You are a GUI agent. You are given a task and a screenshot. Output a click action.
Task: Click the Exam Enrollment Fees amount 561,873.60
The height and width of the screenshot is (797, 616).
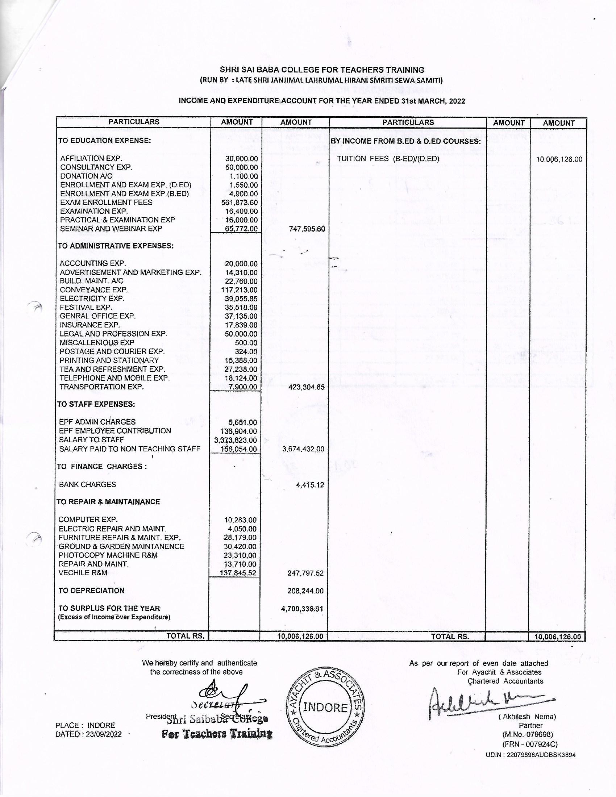pyautogui.click(x=240, y=203)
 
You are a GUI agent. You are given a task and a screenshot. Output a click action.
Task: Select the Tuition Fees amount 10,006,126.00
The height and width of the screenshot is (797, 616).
pyautogui.click(x=559, y=159)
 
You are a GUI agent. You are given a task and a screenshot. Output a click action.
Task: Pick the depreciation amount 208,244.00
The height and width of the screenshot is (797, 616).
pyautogui.click(x=305, y=591)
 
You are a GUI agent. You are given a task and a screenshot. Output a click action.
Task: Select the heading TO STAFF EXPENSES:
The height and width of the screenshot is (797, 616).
pyautogui.click(x=96, y=404)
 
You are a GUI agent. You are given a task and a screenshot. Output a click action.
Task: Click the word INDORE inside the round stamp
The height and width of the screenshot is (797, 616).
pyautogui.click(x=325, y=708)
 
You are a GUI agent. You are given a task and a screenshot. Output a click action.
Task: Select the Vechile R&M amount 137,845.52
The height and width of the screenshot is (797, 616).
pyautogui.click(x=238, y=573)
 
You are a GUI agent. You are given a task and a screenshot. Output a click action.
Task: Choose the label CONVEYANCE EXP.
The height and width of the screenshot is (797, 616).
pyautogui.click(x=94, y=290)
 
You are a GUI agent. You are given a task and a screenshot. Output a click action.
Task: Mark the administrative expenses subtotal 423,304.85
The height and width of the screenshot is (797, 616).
pyautogui.click(x=306, y=387)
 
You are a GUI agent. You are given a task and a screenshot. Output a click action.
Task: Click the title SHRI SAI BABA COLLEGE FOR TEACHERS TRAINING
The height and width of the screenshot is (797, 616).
pyautogui.click(x=322, y=70)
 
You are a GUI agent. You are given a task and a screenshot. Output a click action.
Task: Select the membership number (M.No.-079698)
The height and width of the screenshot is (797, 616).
pyautogui.click(x=528, y=734)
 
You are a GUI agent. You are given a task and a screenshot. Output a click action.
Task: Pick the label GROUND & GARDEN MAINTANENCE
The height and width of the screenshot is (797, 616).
pyautogui.click(x=121, y=546)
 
